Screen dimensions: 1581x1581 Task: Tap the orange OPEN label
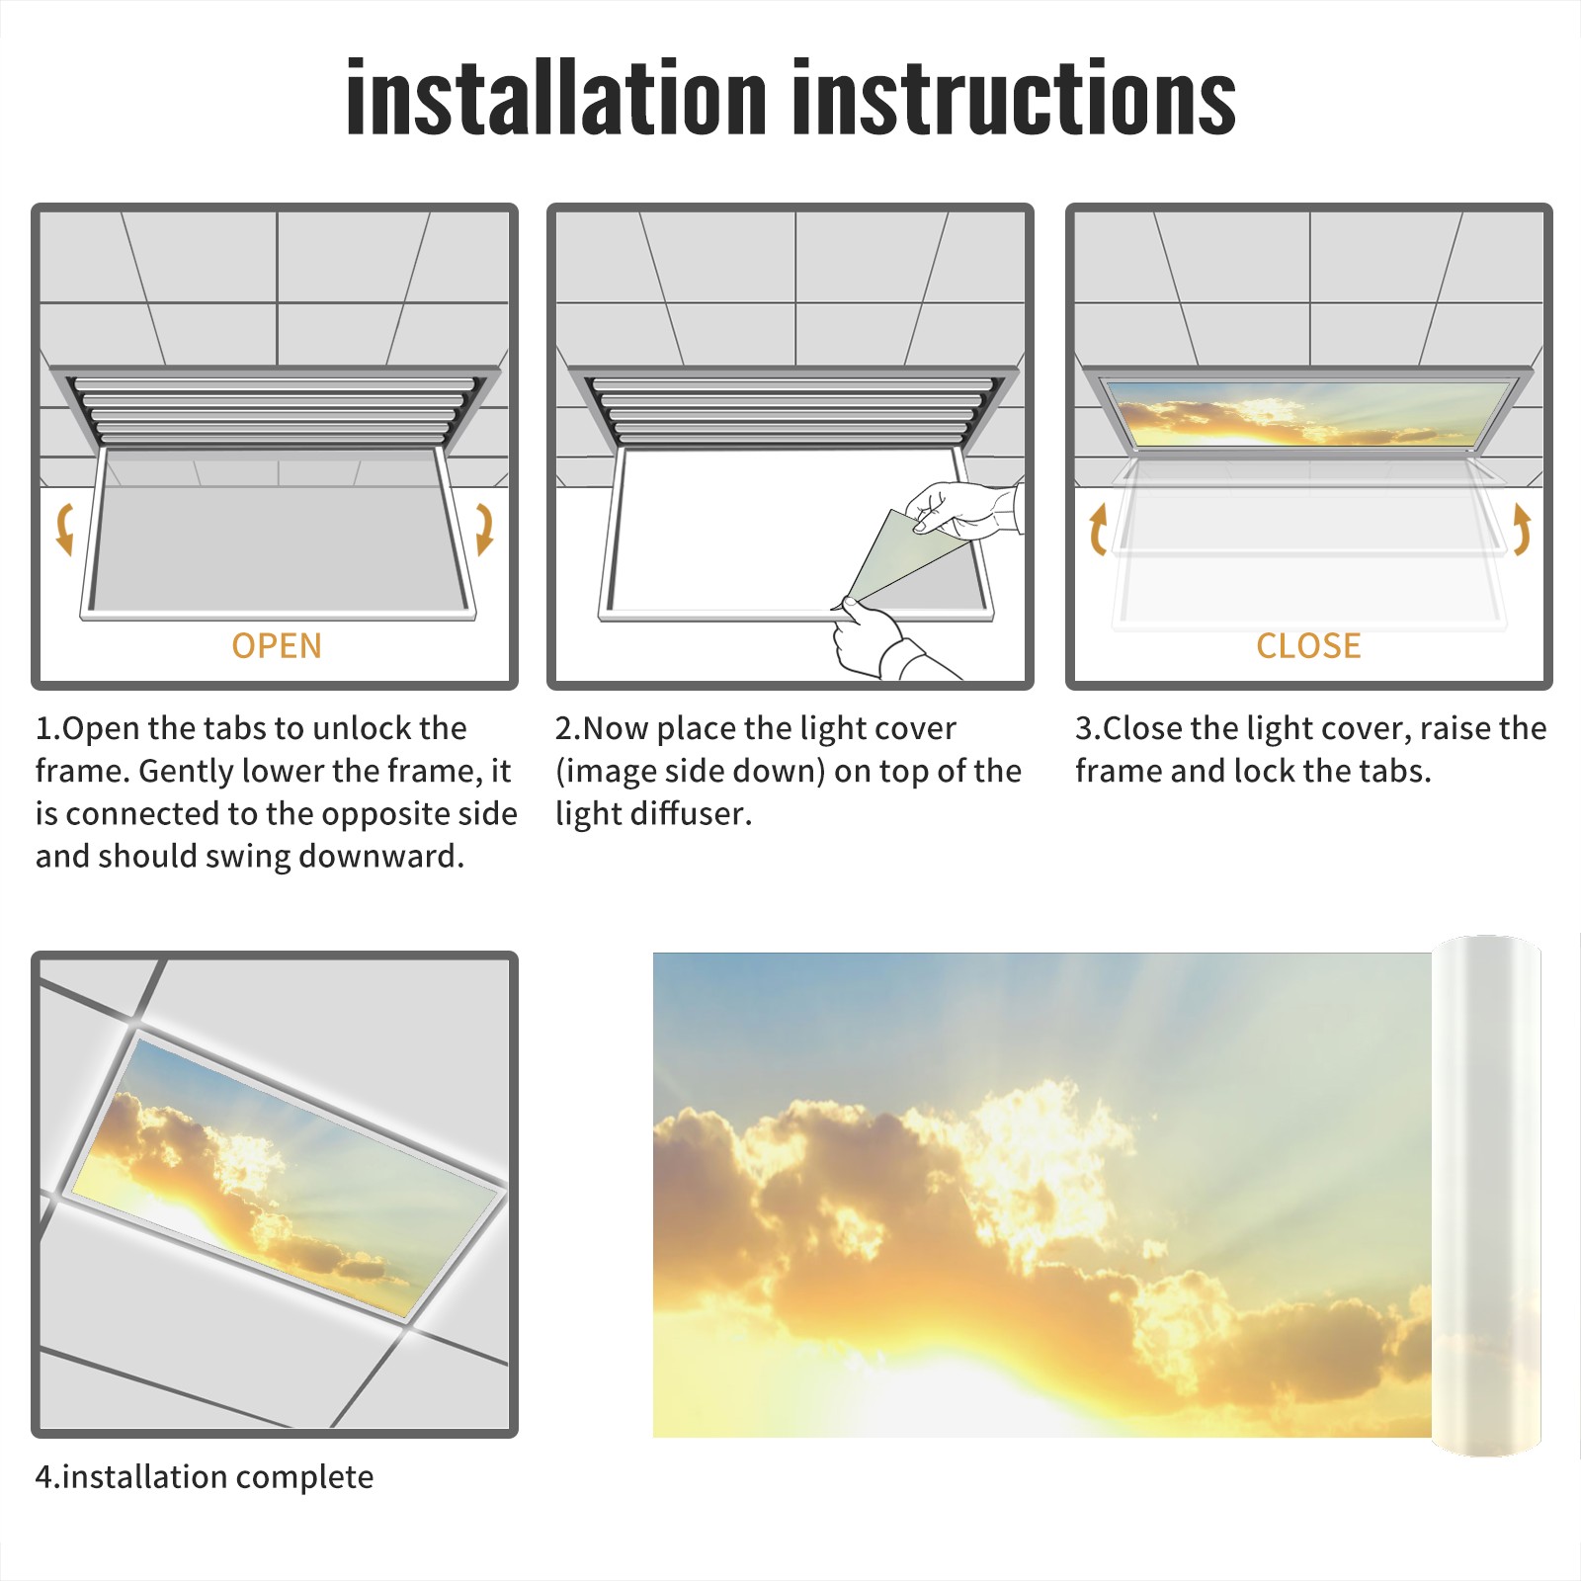[x=277, y=645]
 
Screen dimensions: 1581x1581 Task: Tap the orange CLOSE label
[x=1308, y=645]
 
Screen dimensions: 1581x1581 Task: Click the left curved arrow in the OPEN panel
[x=64, y=529]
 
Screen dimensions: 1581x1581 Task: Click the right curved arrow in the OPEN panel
[x=484, y=529]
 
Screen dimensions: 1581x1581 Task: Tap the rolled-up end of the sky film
[x=1486, y=1196]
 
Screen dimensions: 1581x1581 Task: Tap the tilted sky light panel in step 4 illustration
[x=287, y=1176]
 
